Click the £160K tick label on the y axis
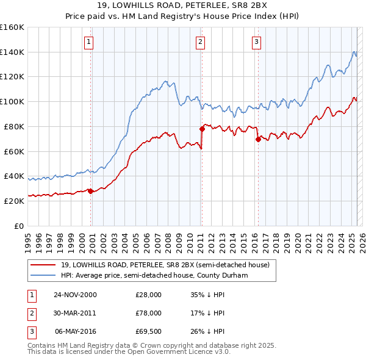coord(12,27)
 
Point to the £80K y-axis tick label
coord(14,126)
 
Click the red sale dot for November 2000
coord(91,191)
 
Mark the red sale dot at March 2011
coord(202,129)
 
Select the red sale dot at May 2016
coord(257,139)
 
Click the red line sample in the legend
coord(43,265)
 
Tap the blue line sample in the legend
coord(43,275)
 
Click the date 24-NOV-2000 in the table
coord(75,295)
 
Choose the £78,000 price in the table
coord(149,313)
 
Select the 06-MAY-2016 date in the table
coord(76,331)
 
